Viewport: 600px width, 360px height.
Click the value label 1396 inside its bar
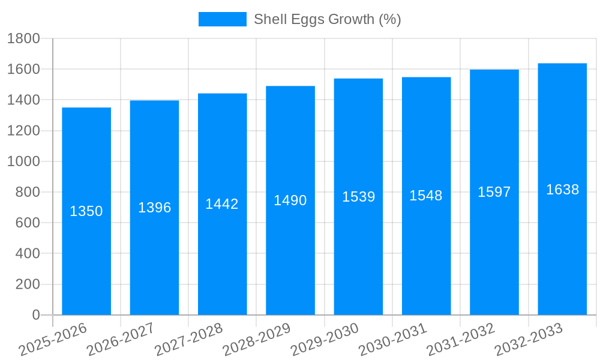pos(155,208)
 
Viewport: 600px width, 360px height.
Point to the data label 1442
pos(222,204)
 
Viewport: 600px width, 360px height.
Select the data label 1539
pos(358,197)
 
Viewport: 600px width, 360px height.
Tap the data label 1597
pos(494,192)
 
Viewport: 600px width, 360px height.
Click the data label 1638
pos(562,190)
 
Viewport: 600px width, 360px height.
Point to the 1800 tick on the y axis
pos(23,39)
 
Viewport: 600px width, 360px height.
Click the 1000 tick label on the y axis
pos(23,161)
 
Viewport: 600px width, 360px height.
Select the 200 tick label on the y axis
pos(28,284)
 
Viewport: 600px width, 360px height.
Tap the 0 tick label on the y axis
pos(35,315)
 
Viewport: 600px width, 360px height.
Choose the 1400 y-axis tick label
pos(23,100)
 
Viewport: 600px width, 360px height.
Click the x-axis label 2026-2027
pos(121,340)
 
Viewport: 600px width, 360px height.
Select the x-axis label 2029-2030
pos(325,340)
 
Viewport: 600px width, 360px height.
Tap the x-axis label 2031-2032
pos(461,340)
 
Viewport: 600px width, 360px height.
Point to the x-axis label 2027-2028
pos(188,340)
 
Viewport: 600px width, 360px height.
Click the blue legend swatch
pos(222,19)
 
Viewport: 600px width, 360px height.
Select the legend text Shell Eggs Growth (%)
pos(327,19)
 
